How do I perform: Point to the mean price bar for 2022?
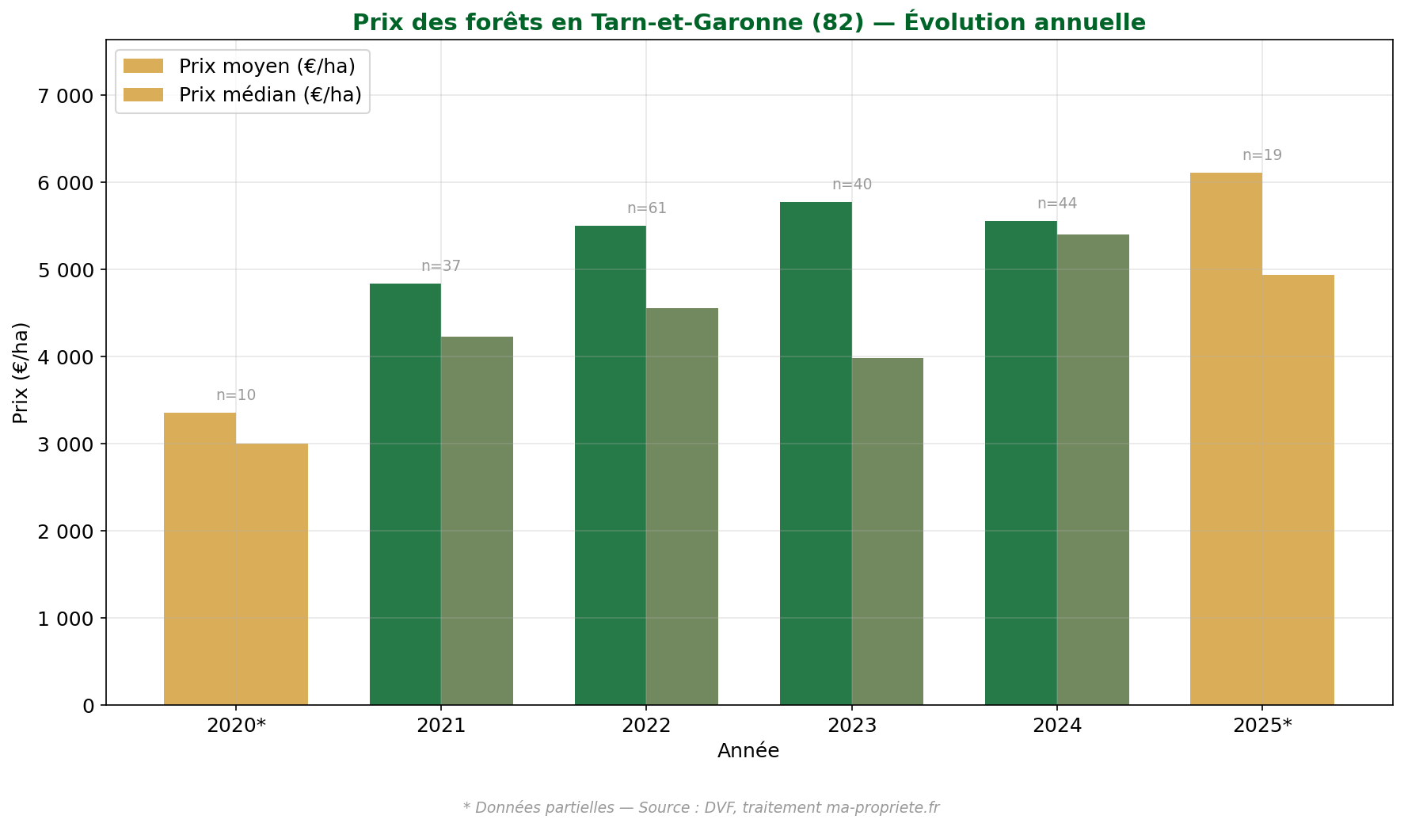(610, 465)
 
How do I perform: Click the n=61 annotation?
(646, 208)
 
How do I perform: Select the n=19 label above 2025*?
(1261, 155)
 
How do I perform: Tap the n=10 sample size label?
(236, 395)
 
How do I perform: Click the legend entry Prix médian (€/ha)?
(269, 95)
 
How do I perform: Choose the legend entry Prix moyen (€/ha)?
(266, 67)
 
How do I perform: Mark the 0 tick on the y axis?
(88, 706)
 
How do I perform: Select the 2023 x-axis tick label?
(851, 726)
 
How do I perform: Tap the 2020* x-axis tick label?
(236, 726)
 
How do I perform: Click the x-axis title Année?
(748, 751)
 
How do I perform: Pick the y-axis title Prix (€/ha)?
(21, 372)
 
